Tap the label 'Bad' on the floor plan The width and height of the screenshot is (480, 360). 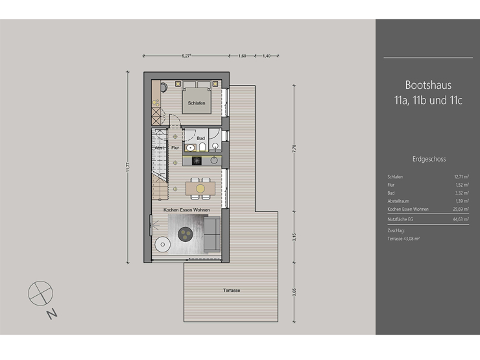tap(201, 138)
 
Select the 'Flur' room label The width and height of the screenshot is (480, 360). tap(174, 148)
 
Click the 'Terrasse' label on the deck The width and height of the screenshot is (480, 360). tap(231, 290)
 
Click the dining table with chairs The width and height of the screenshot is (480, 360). tap(200, 188)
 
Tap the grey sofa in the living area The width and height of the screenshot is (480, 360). tap(211, 235)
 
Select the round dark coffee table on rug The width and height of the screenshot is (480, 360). tap(186, 234)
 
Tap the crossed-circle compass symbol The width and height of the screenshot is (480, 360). tap(38, 293)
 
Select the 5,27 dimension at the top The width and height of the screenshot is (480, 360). tap(186, 56)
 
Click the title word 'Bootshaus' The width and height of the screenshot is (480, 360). tap(427, 85)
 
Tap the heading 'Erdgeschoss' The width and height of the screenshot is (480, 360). tap(428, 158)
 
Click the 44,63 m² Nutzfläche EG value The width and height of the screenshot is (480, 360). tap(460, 221)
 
